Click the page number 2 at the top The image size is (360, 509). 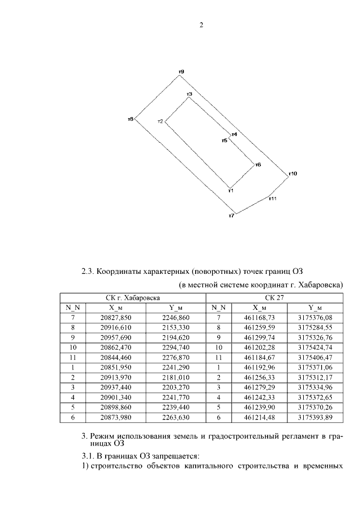click(200, 25)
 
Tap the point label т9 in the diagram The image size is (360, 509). click(181, 71)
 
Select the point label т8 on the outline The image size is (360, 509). click(130, 119)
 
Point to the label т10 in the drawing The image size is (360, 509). click(292, 174)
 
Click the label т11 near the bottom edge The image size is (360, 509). click(272, 198)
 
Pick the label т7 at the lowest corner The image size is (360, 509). click(231, 216)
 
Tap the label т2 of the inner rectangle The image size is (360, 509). click(160, 121)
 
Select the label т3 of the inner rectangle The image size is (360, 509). click(190, 94)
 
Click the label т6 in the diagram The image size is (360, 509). click(258, 165)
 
